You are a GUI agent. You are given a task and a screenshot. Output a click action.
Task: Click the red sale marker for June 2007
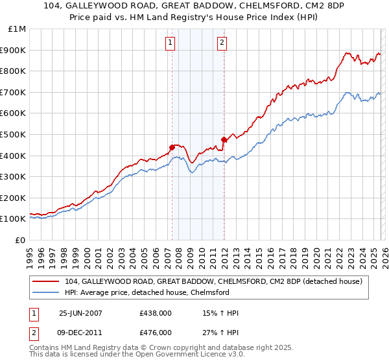(x=172, y=147)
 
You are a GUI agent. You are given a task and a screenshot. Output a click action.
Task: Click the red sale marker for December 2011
(x=224, y=139)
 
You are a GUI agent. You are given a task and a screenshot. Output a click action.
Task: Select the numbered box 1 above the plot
(x=170, y=43)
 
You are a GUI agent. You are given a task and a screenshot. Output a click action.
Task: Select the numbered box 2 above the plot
(x=222, y=43)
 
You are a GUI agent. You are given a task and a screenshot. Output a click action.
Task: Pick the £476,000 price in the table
(x=156, y=333)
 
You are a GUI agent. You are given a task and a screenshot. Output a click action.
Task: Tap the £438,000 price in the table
(x=156, y=314)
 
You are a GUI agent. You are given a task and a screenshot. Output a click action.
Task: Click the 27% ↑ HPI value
(x=220, y=333)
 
